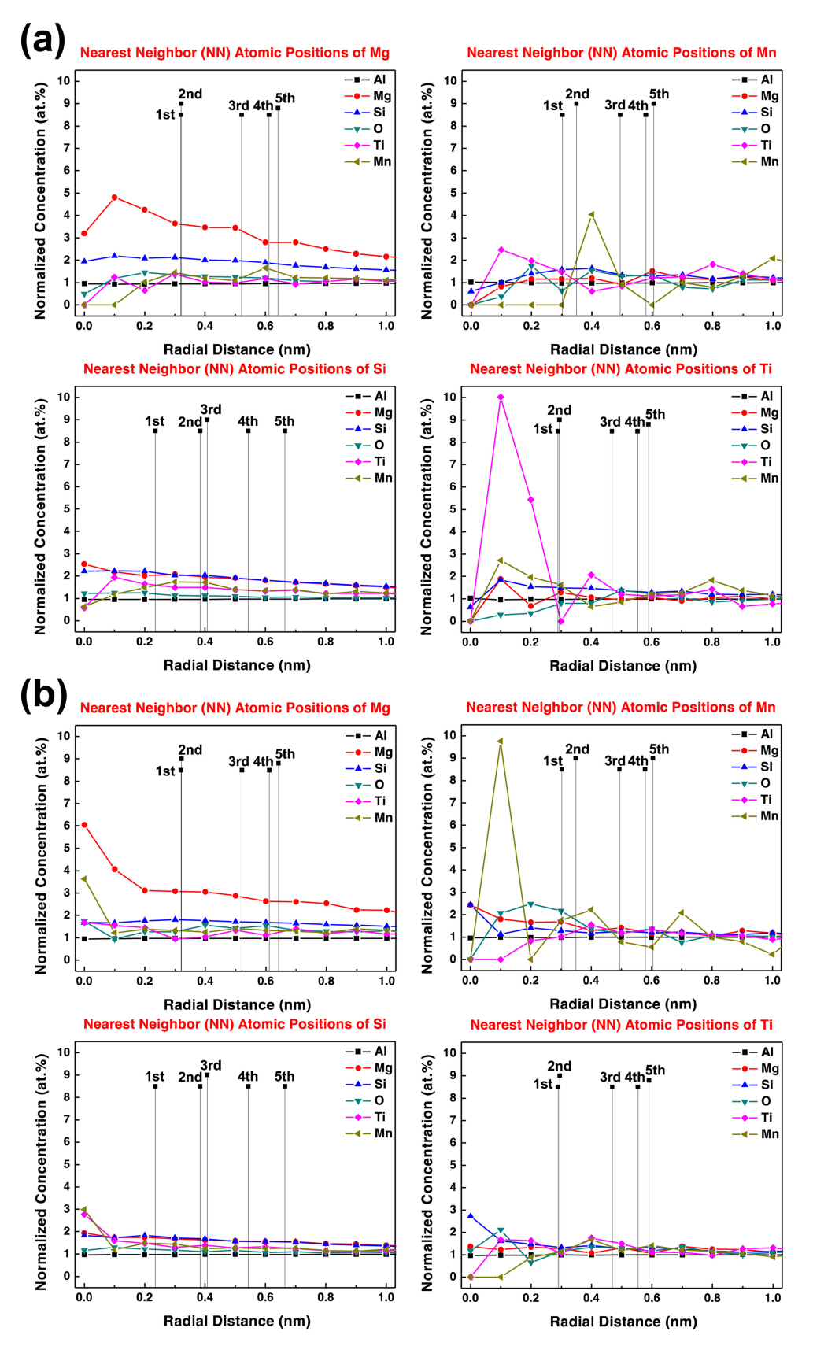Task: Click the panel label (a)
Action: pos(42,39)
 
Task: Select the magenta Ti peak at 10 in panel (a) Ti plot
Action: pos(501,398)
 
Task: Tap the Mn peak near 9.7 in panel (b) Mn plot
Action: pos(500,741)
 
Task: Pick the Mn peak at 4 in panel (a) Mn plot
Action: pos(591,214)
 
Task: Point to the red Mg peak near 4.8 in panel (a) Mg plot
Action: pos(114,198)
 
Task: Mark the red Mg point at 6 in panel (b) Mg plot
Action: pos(84,825)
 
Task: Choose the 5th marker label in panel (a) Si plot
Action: pos(284,421)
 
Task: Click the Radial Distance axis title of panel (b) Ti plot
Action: pos(623,1321)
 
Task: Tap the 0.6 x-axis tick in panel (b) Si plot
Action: pos(265,1296)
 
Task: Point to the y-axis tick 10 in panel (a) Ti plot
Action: pos(449,397)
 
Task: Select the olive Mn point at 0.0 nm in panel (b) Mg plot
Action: pos(84,878)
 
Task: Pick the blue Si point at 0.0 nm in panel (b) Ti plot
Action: pos(471,1216)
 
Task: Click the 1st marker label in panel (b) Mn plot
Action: pos(552,760)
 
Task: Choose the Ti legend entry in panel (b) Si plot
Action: pos(380,1117)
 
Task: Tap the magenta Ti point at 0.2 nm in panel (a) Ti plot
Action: pos(531,500)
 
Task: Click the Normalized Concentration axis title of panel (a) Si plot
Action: pos(40,516)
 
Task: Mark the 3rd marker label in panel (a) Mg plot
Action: pos(238,105)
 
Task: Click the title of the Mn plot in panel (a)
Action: pos(622,53)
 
